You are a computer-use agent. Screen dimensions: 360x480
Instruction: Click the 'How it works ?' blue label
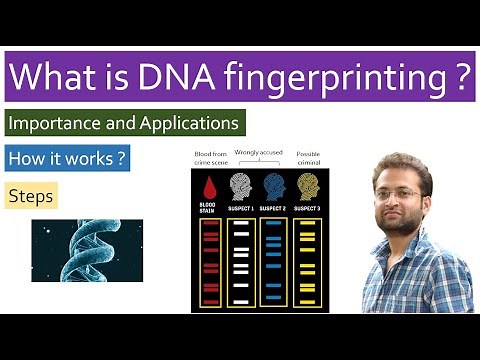[x=68, y=159]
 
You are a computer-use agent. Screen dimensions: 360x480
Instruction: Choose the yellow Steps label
[x=32, y=196]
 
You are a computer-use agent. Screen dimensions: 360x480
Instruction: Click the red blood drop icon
[x=210, y=186]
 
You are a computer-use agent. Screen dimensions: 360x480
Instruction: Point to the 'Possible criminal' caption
[x=307, y=159]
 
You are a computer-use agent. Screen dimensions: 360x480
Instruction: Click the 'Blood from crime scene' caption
[x=210, y=159]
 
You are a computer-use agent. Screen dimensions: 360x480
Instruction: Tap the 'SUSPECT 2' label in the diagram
[x=274, y=208]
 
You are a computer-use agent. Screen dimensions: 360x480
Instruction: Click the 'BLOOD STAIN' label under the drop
[x=210, y=210]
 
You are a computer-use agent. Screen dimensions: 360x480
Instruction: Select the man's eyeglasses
[x=398, y=193]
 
